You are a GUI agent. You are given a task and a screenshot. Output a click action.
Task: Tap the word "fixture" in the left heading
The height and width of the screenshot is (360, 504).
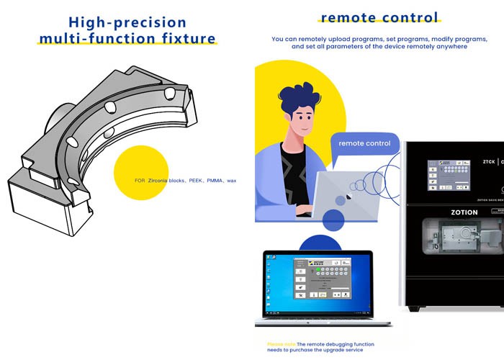pyautogui.click(x=185, y=37)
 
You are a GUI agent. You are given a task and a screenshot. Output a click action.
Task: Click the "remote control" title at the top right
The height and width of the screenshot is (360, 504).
pyautogui.click(x=379, y=17)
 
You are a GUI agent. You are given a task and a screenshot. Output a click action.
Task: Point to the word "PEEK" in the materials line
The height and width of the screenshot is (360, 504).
pyautogui.click(x=197, y=181)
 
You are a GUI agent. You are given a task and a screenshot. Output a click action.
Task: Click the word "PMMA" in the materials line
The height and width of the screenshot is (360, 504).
pyautogui.click(x=214, y=181)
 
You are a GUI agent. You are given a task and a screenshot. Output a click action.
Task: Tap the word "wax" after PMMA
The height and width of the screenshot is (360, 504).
pyautogui.click(x=231, y=181)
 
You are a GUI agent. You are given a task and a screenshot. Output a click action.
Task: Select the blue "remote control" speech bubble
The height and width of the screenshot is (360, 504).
pyautogui.click(x=364, y=144)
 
